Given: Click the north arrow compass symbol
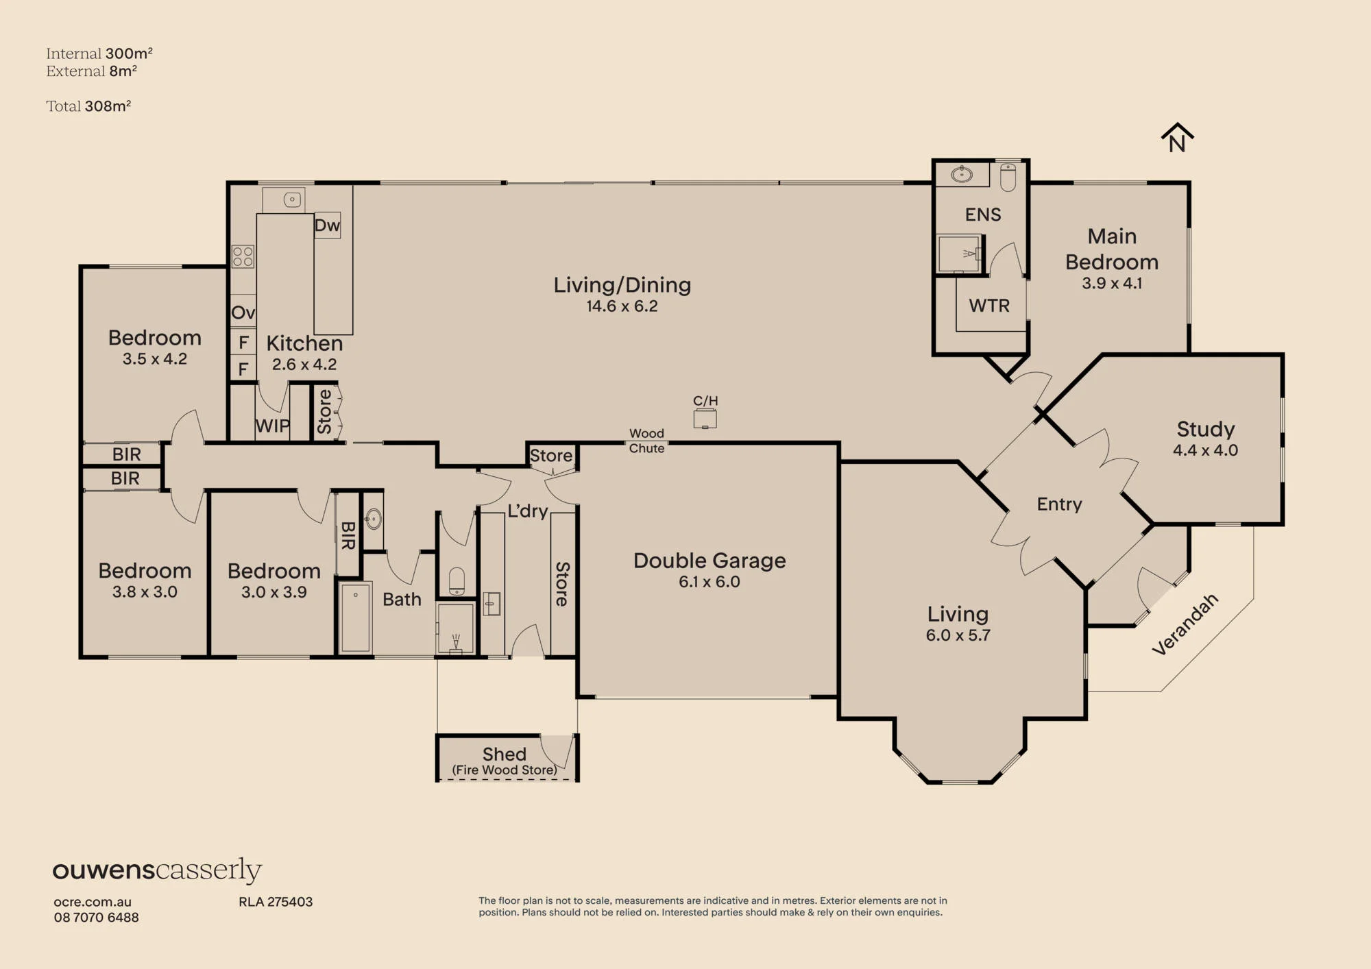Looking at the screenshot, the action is pos(1177,138).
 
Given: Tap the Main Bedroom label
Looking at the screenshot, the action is pos(1112,249).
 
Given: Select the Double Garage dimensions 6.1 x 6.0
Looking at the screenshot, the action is pos(709,582).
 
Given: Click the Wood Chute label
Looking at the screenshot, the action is pos(647,441).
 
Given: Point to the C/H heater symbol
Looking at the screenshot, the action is pos(705,418).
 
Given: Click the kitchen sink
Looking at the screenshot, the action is pos(293,199).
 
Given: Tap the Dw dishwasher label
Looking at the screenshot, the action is pos(327,225).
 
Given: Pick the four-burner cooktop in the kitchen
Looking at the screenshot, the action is pos(243,256).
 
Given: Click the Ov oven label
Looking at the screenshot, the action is pos(243,312).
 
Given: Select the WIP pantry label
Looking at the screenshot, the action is pos(272,426).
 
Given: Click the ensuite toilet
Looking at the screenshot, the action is pos(1008,177).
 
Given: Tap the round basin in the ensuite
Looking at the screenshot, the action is pos(962,174).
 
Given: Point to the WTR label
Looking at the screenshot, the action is pos(989,306).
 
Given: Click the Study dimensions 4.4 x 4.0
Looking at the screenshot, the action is pos(1205,450).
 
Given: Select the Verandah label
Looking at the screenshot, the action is pos(1185,624).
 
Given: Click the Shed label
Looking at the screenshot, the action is pos(505,754).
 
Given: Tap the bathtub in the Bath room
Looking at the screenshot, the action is pos(356,617).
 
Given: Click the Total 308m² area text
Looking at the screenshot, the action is pos(88,106).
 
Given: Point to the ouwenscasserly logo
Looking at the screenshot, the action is pos(157,870).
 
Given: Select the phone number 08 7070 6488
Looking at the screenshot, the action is pos(97,918).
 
